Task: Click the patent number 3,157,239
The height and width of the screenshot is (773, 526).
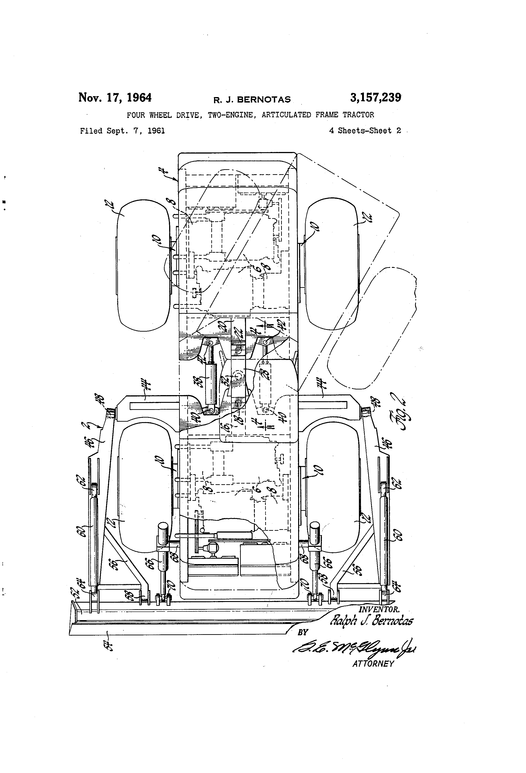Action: (x=375, y=98)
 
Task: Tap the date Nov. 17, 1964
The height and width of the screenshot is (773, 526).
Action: (x=115, y=98)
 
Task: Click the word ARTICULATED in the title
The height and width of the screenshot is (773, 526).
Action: (x=286, y=115)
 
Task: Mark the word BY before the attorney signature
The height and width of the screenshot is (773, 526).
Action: (x=303, y=632)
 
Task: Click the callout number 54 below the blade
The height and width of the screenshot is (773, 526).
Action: (x=109, y=645)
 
